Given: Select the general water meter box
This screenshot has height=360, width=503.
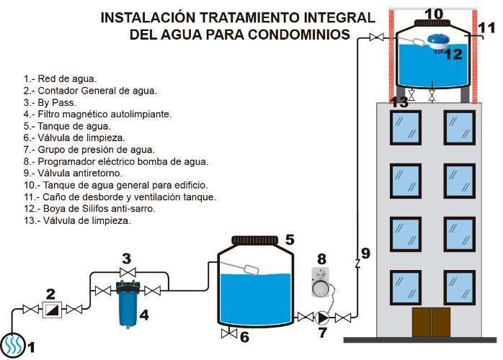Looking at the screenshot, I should tap(52, 310).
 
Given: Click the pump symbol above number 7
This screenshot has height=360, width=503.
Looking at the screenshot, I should tap(322, 317).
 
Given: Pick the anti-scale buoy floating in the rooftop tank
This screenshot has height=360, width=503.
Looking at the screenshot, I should tap(437, 43).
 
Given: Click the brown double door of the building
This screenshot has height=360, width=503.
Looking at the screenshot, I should tap(431, 323).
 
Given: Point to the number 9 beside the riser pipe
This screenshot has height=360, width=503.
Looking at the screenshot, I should tap(365, 253).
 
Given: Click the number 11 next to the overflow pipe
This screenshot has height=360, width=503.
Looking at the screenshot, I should tap(487, 28).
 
